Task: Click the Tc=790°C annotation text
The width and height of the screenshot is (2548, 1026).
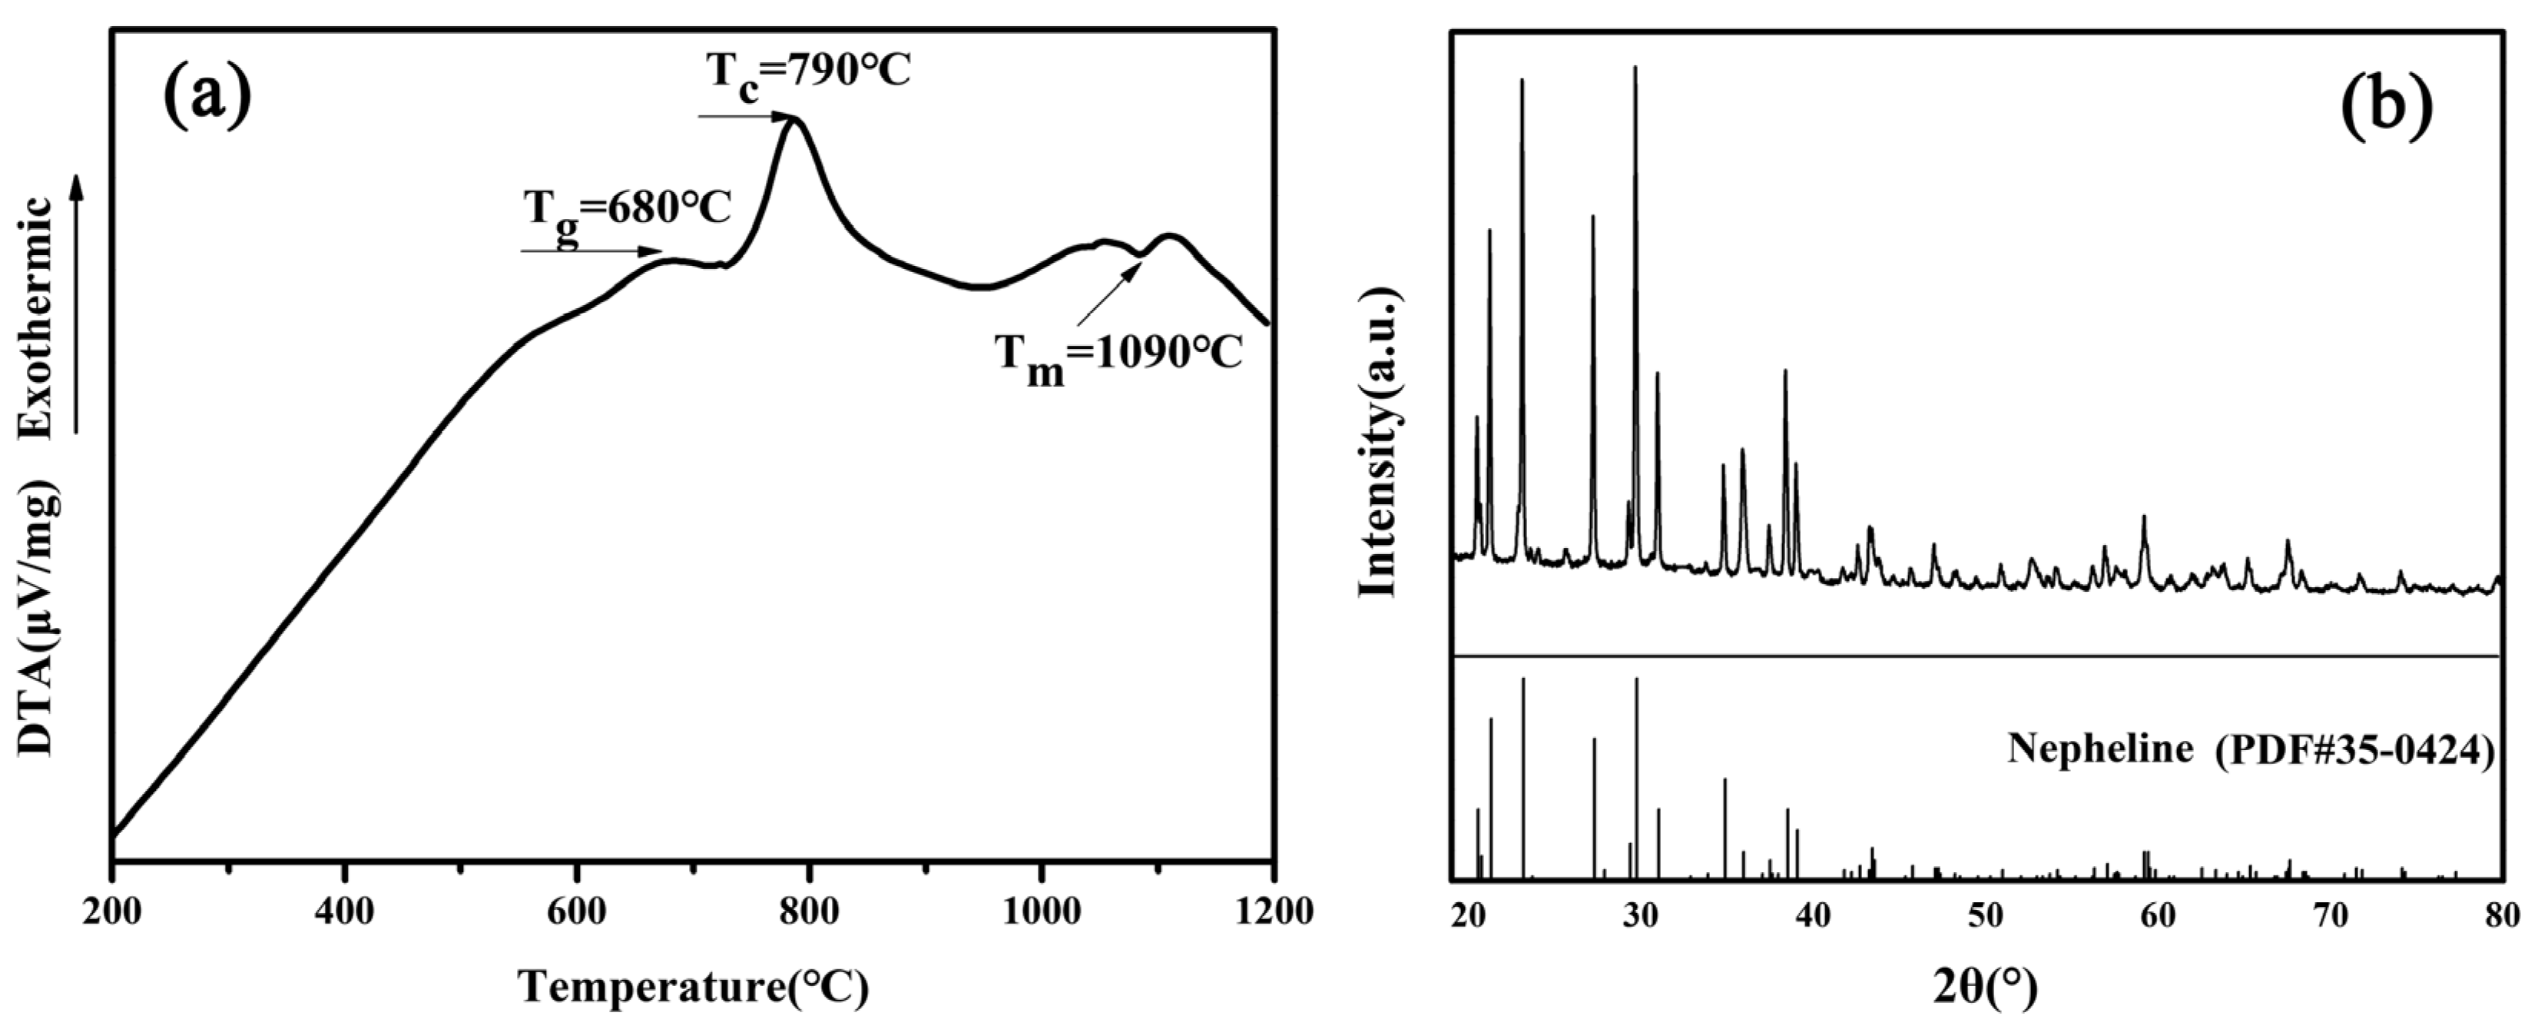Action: point(807,71)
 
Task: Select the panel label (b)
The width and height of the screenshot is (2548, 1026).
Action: point(2386,103)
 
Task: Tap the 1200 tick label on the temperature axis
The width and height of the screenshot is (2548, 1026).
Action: point(1272,911)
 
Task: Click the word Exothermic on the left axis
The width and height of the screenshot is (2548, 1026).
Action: point(37,317)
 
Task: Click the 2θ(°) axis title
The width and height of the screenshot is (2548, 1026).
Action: point(1985,987)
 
